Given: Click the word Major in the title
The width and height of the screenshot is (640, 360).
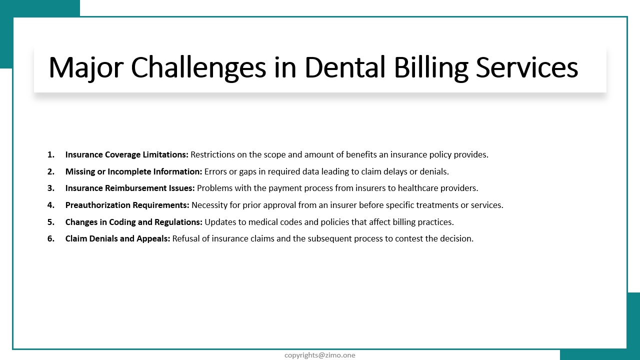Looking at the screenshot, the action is click(x=86, y=68).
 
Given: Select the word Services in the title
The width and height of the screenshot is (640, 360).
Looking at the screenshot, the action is click(x=527, y=67).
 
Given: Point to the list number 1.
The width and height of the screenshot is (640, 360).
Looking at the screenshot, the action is click(x=51, y=154).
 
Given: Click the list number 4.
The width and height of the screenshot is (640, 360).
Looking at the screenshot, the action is click(x=51, y=205).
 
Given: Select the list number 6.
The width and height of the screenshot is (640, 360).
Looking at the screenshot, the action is click(x=51, y=238).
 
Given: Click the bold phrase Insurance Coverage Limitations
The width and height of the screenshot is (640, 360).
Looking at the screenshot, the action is click(x=127, y=154).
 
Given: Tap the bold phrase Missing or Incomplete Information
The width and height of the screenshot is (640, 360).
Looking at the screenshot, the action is click(x=133, y=171).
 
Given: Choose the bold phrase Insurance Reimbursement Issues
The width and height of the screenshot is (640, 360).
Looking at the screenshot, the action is click(x=130, y=188).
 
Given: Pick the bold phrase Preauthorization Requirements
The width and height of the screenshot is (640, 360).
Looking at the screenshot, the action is click(x=127, y=205).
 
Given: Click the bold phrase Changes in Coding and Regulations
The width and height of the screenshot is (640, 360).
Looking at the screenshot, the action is click(x=134, y=222).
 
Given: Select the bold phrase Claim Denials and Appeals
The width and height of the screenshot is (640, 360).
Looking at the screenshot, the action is click(x=117, y=238).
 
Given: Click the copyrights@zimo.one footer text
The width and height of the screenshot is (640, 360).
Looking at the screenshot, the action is click(x=320, y=355).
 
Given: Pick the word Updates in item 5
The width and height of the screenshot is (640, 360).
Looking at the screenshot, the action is click(x=220, y=222).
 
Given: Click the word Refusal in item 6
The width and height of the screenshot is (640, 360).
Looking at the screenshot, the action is click(x=186, y=238).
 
